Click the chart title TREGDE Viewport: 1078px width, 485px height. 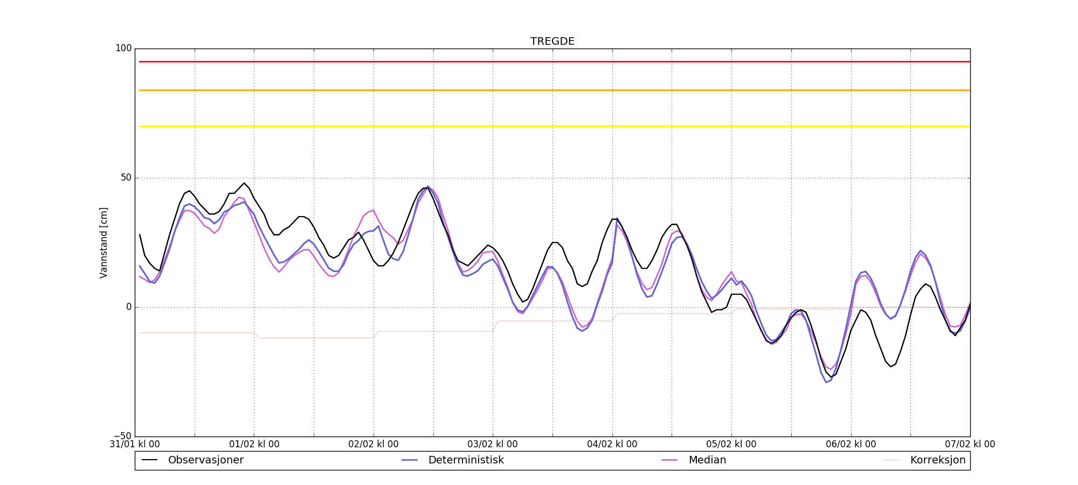pos(552,41)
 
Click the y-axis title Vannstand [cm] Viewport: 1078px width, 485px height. pos(103,242)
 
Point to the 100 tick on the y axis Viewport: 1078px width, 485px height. pos(123,48)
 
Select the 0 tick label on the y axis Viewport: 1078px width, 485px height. pos(129,307)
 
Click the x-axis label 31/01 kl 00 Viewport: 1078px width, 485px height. pos(135,445)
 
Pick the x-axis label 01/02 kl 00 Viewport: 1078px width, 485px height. pos(254,445)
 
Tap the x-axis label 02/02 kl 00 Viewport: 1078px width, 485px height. pos(374,445)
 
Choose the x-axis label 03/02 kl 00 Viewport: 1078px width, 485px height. pos(493,445)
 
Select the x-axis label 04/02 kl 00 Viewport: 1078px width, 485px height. pos(612,445)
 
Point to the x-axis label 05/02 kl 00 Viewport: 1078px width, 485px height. pos(731,445)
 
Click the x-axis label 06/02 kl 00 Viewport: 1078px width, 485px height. pos(851,445)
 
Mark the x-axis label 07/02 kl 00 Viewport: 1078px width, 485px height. pos(970,445)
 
